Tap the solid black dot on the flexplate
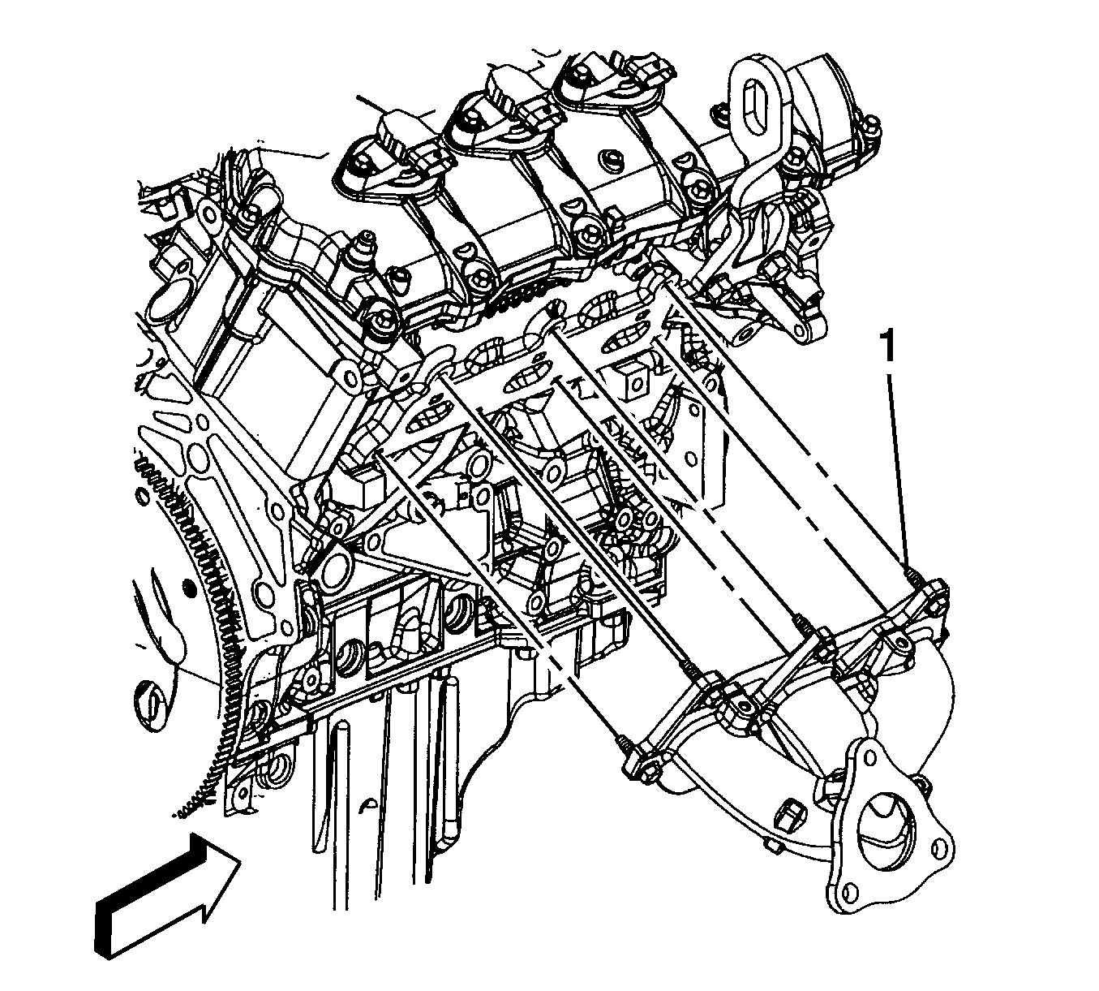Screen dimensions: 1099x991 tap(189, 588)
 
